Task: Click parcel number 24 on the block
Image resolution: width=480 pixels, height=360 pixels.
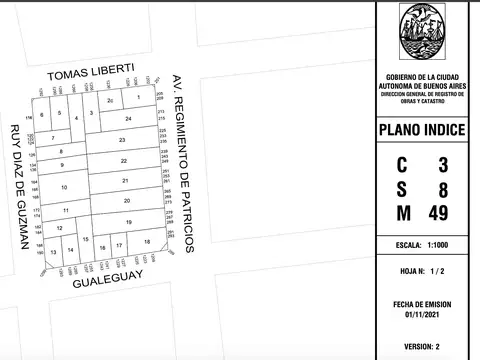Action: (x=129, y=118)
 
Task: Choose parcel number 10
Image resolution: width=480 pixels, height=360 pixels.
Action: (x=64, y=187)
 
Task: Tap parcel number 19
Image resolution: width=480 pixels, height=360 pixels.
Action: (x=128, y=221)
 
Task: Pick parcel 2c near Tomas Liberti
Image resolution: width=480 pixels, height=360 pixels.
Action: (x=110, y=101)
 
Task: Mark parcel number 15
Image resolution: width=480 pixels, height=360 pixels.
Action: (x=86, y=240)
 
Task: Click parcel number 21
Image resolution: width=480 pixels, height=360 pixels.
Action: (x=125, y=180)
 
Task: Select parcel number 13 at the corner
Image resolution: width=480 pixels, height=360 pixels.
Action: (x=53, y=253)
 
